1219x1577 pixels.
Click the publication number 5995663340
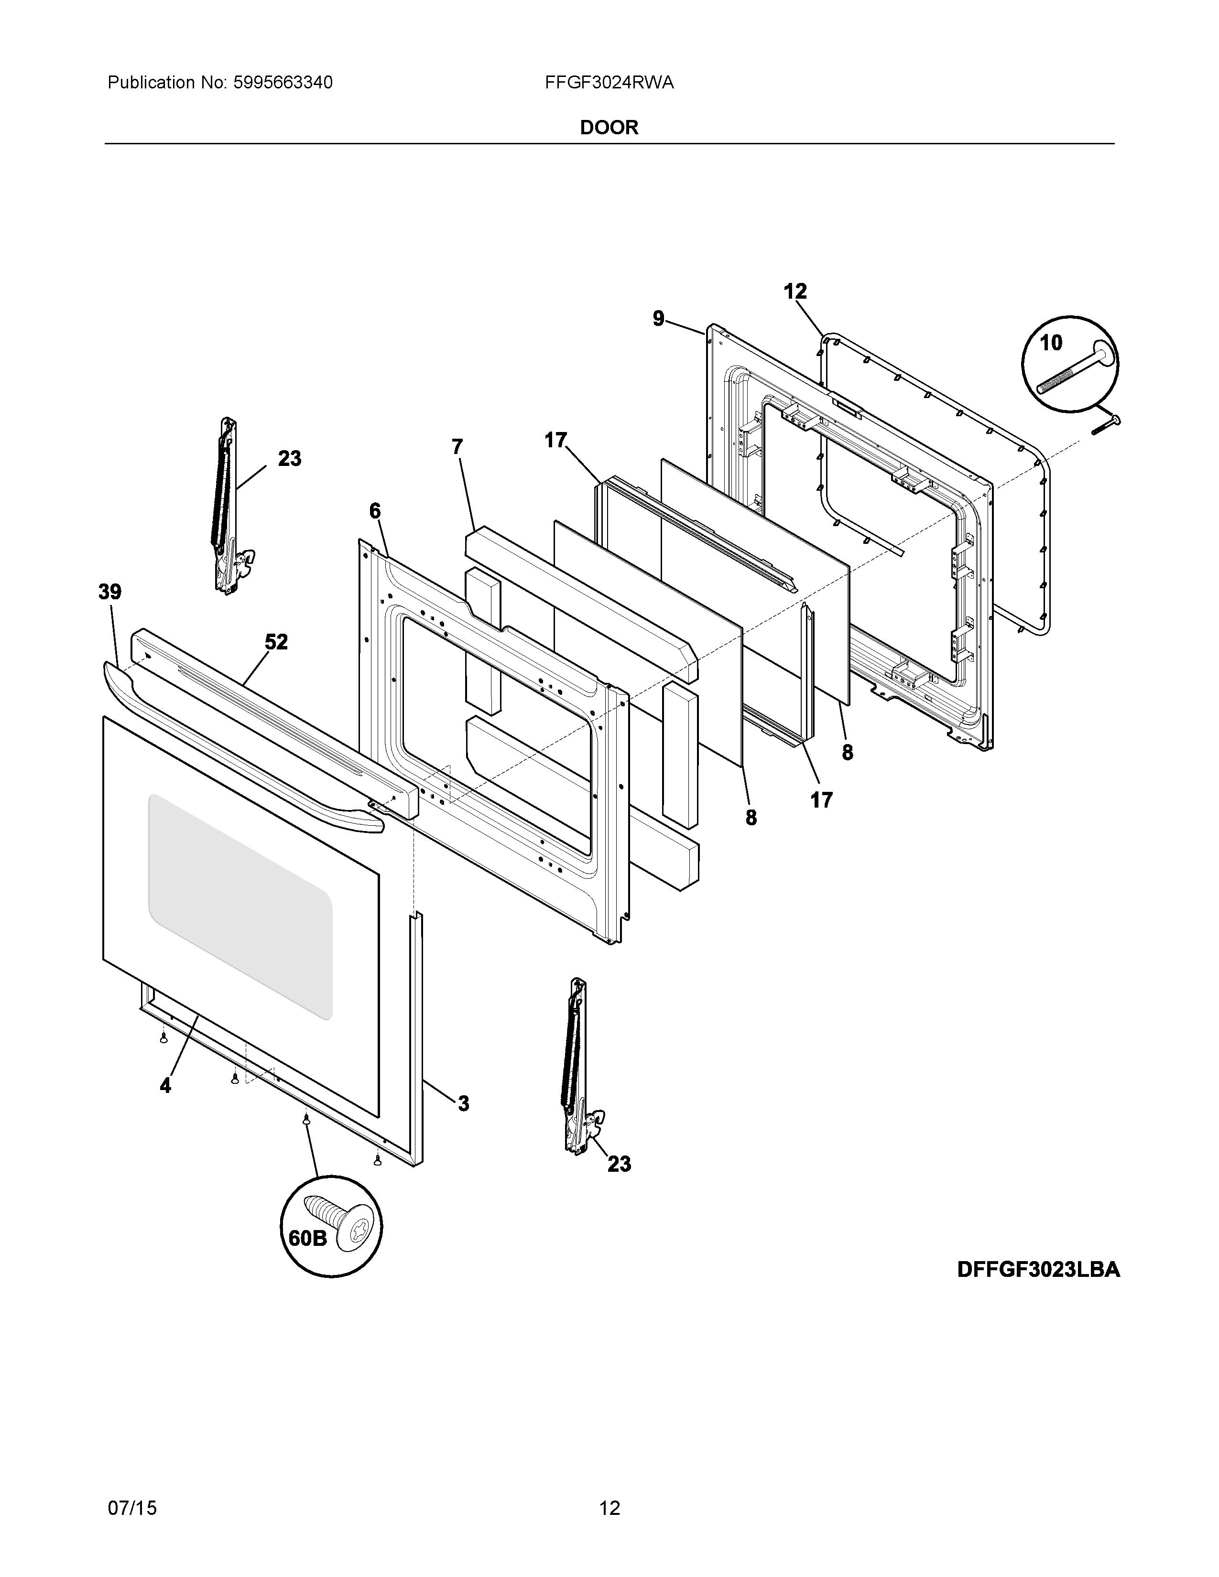(x=283, y=83)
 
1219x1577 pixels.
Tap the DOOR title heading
(x=609, y=128)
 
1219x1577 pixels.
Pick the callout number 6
(x=375, y=511)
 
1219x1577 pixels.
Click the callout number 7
(x=457, y=447)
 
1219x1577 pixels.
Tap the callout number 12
(x=795, y=292)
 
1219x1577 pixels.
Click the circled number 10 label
(x=1051, y=343)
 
